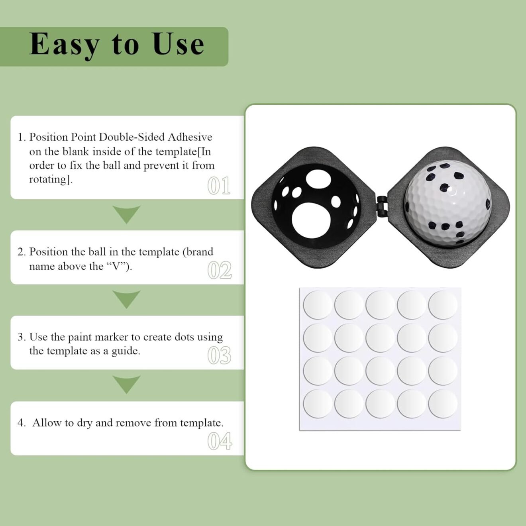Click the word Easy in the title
point(64,45)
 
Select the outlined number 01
point(219,186)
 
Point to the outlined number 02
point(219,271)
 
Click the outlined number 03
point(219,355)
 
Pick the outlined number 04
point(219,441)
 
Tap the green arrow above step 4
point(126,384)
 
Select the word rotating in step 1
point(49,179)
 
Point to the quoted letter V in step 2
point(116,266)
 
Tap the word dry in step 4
point(84,423)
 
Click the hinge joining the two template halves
point(382,206)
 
